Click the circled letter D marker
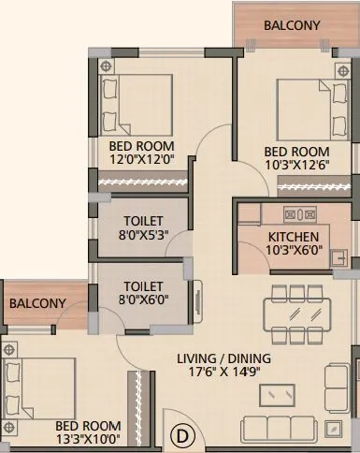point(183,435)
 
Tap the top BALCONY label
point(292,25)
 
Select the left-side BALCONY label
point(37,303)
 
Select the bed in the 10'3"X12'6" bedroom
point(303,110)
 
